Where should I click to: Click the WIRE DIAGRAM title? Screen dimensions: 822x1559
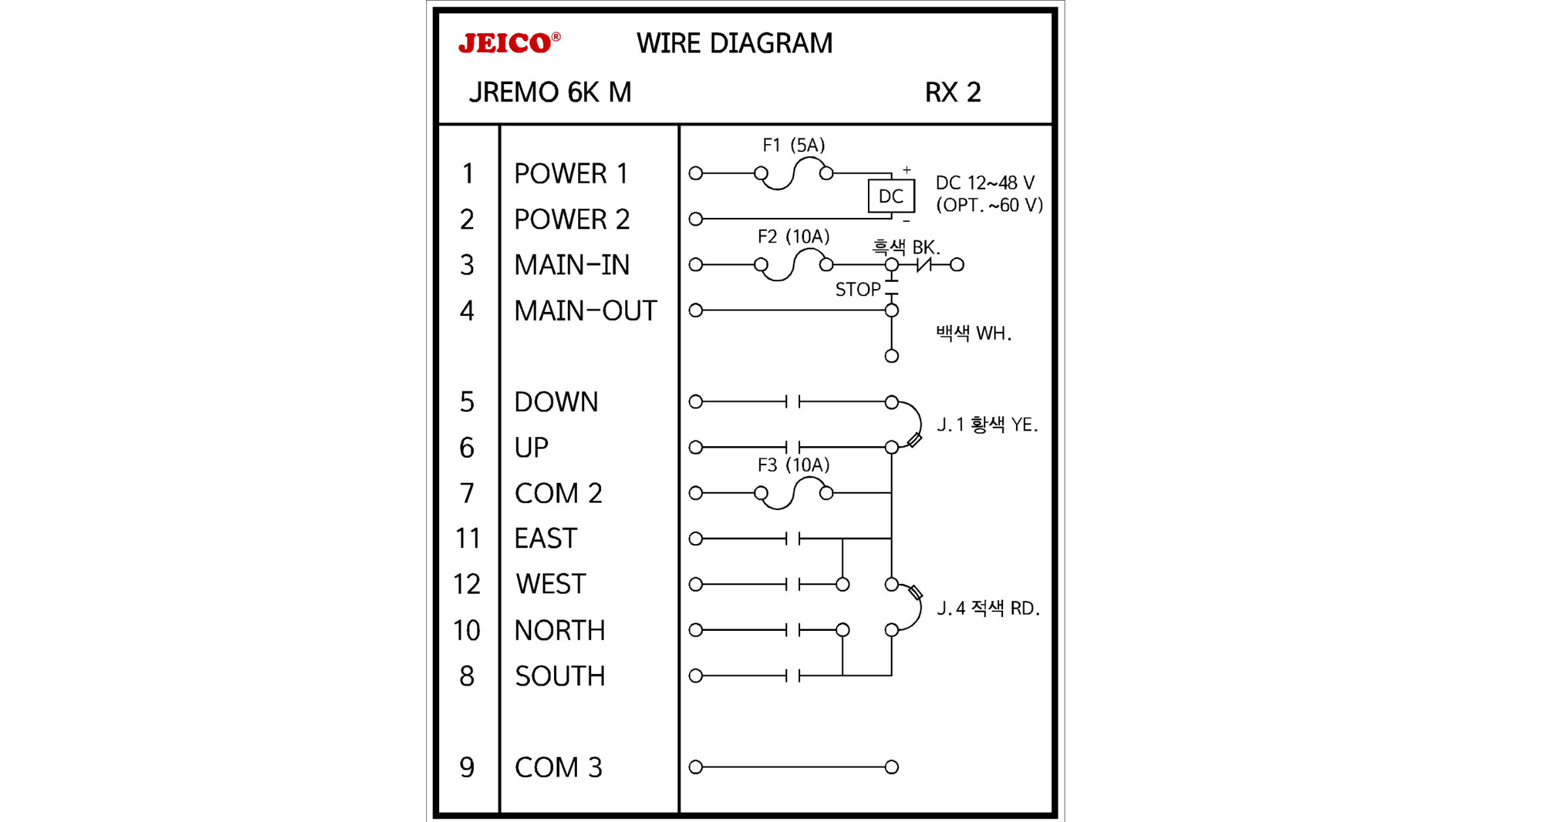point(734,44)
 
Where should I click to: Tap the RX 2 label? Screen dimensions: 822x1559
point(952,93)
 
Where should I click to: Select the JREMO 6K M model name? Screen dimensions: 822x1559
point(550,93)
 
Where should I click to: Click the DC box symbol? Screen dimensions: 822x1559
point(891,196)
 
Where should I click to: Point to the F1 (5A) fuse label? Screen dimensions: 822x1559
point(794,145)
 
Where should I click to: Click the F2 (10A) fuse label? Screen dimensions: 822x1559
point(793,236)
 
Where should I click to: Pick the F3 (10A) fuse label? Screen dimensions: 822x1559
point(793,465)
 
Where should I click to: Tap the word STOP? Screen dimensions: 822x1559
point(857,289)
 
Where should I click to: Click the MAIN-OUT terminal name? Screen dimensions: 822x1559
point(585,311)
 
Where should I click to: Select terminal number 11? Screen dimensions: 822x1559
point(467,539)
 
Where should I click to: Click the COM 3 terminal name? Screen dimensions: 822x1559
point(558,767)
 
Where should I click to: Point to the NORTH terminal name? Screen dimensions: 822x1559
point(559,630)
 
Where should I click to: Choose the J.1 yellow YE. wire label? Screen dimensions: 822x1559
point(987,425)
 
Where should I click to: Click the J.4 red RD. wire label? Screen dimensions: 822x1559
point(988,609)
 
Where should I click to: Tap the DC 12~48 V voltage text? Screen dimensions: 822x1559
point(985,183)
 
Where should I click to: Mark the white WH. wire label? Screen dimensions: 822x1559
point(973,333)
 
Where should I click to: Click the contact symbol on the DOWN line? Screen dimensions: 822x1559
point(793,402)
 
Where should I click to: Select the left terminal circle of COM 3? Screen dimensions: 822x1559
point(696,767)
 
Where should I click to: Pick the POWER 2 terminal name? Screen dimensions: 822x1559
point(572,219)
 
